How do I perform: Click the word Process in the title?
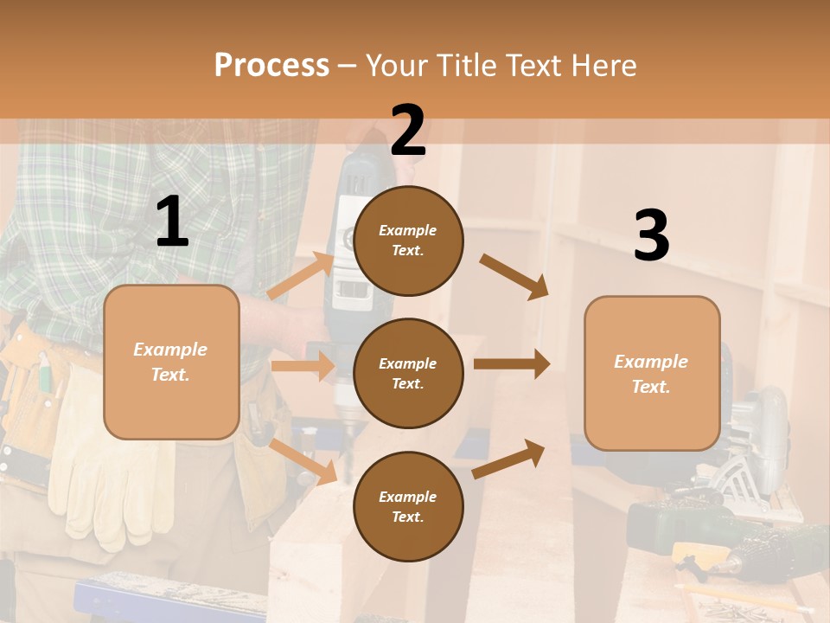(x=271, y=66)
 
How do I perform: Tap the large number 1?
(x=172, y=222)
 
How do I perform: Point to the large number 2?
(x=408, y=131)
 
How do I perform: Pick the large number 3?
(x=651, y=235)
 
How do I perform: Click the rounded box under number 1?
(x=171, y=362)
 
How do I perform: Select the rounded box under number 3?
(x=652, y=373)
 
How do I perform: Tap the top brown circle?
(x=408, y=241)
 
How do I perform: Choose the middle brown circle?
(x=408, y=373)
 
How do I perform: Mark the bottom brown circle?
(x=408, y=506)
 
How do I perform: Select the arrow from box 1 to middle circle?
(x=303, y=366)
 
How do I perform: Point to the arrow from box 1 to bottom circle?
(x=303, y=461)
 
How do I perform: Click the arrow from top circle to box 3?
(x=514, y=276)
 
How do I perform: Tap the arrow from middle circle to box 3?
(x=511, y=364)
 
